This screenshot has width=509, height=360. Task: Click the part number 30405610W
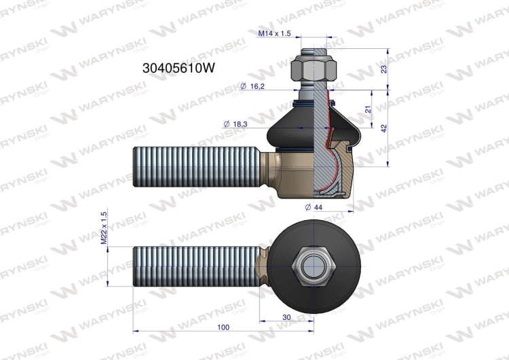(178, 68)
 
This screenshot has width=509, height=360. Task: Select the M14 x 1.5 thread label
(274, 33)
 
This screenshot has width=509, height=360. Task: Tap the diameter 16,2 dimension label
(252, 86)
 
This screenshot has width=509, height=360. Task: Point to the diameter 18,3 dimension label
(235, 124)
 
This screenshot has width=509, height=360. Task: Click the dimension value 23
(384, 69)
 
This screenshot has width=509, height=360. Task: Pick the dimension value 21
(368, 109)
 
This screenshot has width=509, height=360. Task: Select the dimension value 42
(384, 128)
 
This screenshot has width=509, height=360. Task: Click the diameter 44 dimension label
(314, 207)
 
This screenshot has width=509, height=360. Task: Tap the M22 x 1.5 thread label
(104, 228)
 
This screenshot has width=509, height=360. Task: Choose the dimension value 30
(286, 317)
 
